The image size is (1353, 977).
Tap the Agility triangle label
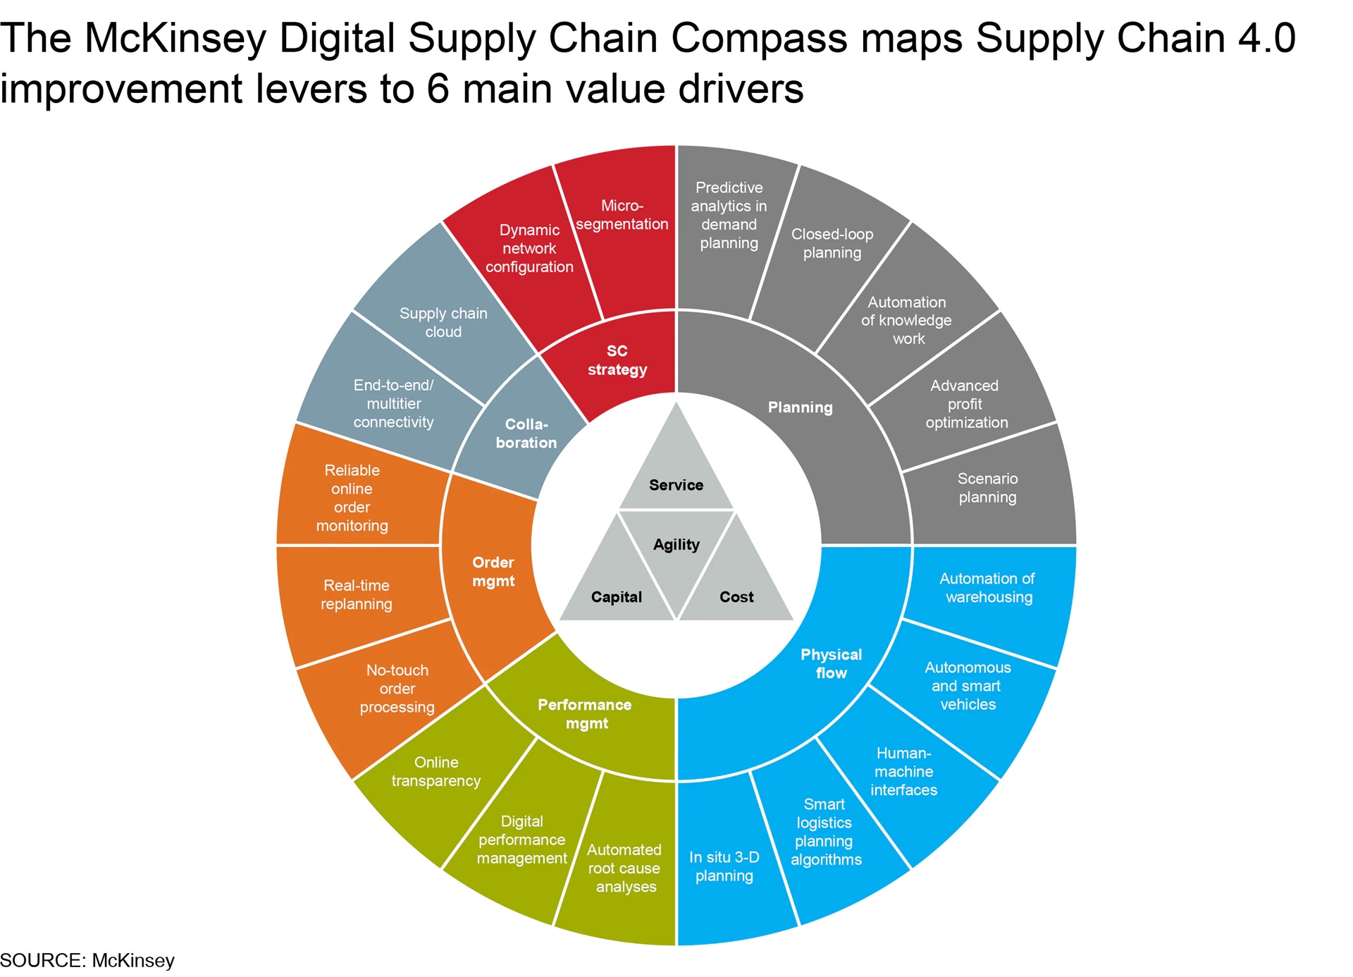(x=676, y=544)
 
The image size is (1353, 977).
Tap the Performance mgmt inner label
(x=586, y=714)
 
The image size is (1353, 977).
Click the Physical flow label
(x=832, y=663)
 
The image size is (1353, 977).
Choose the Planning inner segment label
(x=801, y=407)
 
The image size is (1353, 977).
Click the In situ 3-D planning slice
(x=726, y=864)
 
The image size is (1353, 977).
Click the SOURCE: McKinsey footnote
(x=87, y=960)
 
